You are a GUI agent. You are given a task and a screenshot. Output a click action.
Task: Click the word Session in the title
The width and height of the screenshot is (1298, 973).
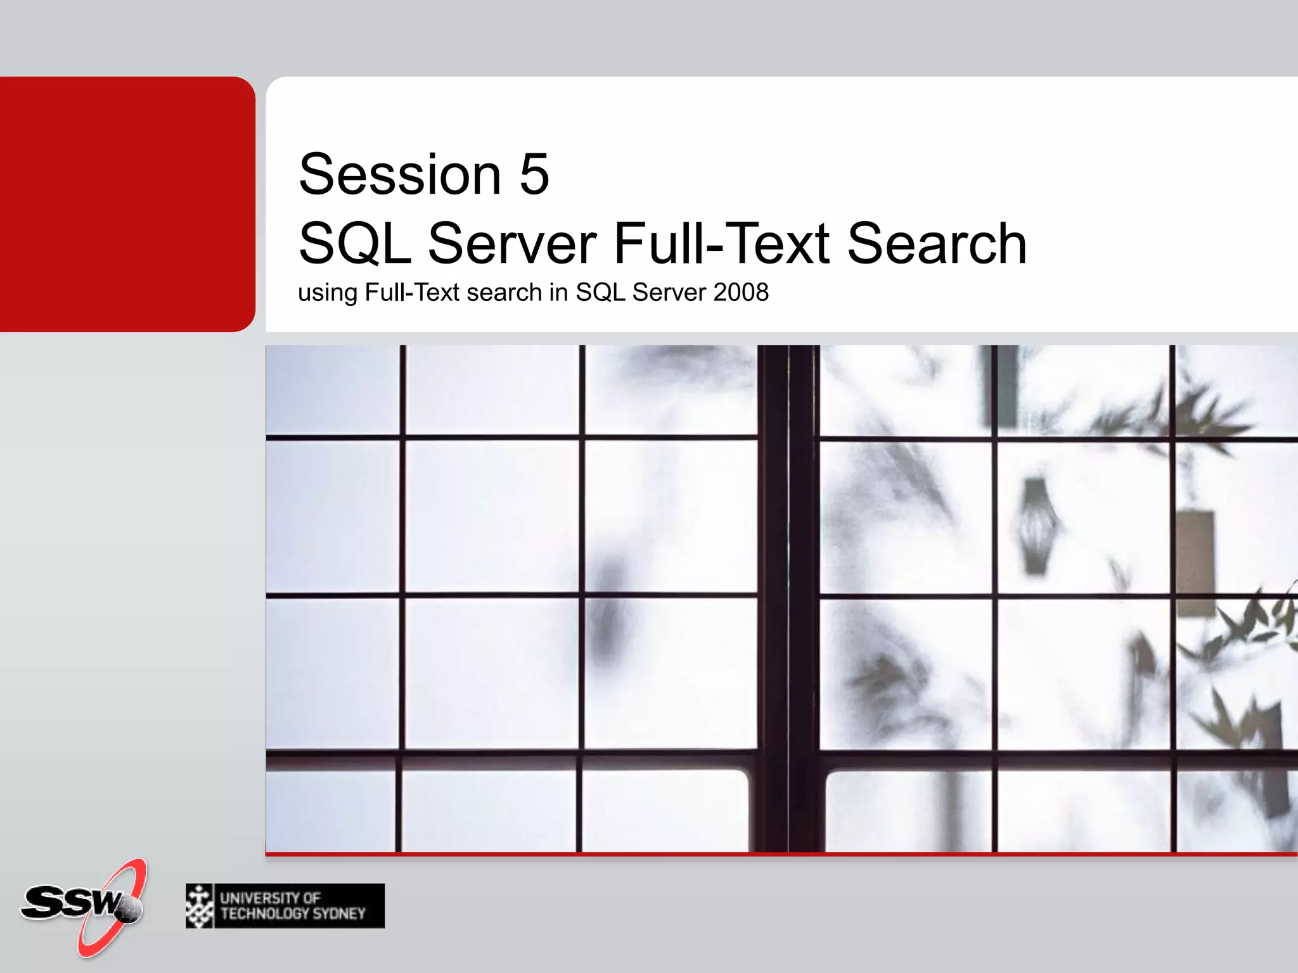400,175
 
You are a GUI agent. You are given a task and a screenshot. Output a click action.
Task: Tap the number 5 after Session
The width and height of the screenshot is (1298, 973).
534,175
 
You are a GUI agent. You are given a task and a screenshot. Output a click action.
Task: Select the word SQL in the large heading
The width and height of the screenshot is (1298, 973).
355,244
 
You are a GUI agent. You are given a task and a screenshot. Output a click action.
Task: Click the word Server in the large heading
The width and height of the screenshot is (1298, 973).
512,244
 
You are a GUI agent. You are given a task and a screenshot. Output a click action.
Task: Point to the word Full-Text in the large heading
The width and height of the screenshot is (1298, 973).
722,244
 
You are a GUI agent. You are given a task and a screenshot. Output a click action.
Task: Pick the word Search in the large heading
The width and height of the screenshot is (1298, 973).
937,244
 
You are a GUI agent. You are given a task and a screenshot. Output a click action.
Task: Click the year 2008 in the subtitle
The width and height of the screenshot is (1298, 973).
741,293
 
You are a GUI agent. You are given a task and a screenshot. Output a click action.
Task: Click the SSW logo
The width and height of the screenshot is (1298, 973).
82,906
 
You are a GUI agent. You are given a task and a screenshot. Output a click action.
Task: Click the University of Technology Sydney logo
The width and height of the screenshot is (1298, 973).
285,906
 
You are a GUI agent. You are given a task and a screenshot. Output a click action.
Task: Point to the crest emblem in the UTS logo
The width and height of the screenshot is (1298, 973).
200,906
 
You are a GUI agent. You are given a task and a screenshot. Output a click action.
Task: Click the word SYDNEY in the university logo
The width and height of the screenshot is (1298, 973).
339,913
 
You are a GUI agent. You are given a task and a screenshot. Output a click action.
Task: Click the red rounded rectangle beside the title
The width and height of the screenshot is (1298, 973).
127,204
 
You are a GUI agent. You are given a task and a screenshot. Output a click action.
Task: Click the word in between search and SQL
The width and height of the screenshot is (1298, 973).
558,293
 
